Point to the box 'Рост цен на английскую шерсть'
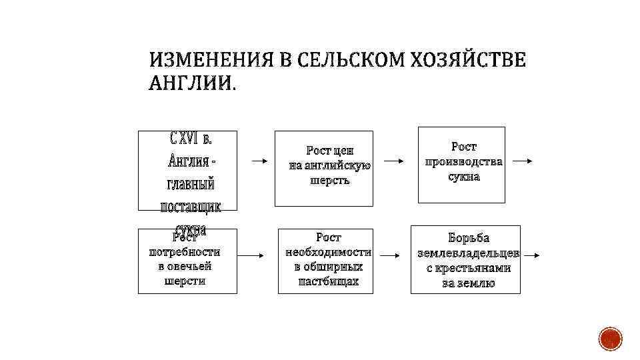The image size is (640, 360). tap(324, 168)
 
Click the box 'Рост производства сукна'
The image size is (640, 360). tap(461, 164)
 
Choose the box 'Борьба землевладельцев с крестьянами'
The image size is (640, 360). tap(465, 260)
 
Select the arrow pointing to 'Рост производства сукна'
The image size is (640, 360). tap(395, 161)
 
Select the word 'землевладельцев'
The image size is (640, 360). tap(469, 253)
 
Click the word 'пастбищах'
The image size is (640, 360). tap(328, 281)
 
